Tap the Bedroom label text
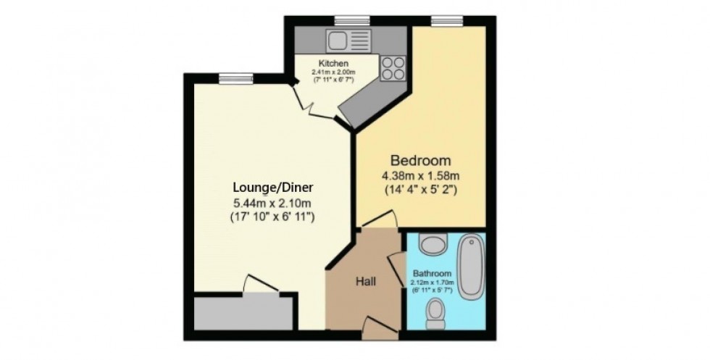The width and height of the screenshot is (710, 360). coord(421,160)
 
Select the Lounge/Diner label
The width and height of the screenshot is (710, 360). coord(262,188)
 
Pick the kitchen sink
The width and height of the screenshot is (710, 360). coord(338,38)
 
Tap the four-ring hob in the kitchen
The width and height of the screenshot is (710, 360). coord(393,67)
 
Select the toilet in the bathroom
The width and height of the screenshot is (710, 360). coord(436,311)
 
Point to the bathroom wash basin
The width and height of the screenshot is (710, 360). coord(435,244)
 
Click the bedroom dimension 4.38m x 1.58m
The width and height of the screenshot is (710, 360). coord(421,176)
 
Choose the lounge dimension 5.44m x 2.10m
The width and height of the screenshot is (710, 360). coord(262,202)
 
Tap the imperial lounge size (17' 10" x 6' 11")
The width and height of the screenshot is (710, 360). coord(262,216)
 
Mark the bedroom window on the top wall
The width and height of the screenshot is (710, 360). coord(442,20)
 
